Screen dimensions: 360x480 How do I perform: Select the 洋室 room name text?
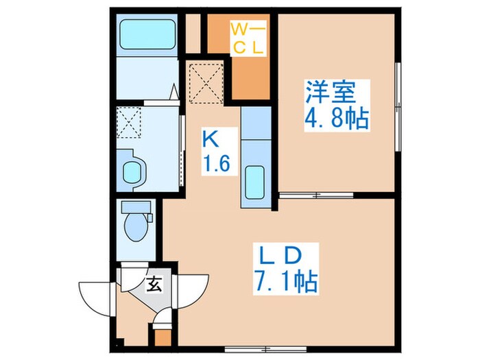[326, 93]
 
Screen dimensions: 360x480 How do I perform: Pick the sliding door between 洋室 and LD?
[316, 195]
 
